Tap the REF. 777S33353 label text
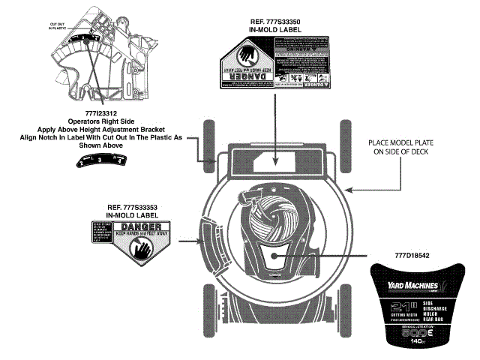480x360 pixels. click(x=130, y=207)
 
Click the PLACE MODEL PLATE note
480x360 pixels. click(x=410, y=145)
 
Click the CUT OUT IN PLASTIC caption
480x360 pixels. click(x=58, y=26)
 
